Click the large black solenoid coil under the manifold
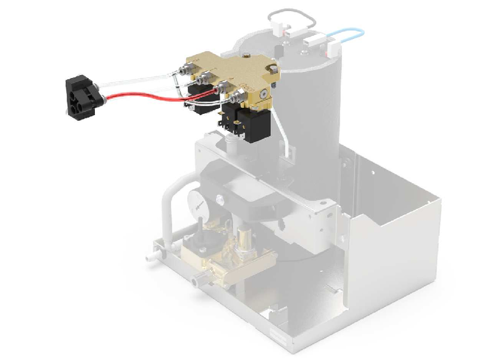click(x=255, y=125)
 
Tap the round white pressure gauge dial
click(x=196, y=203)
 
